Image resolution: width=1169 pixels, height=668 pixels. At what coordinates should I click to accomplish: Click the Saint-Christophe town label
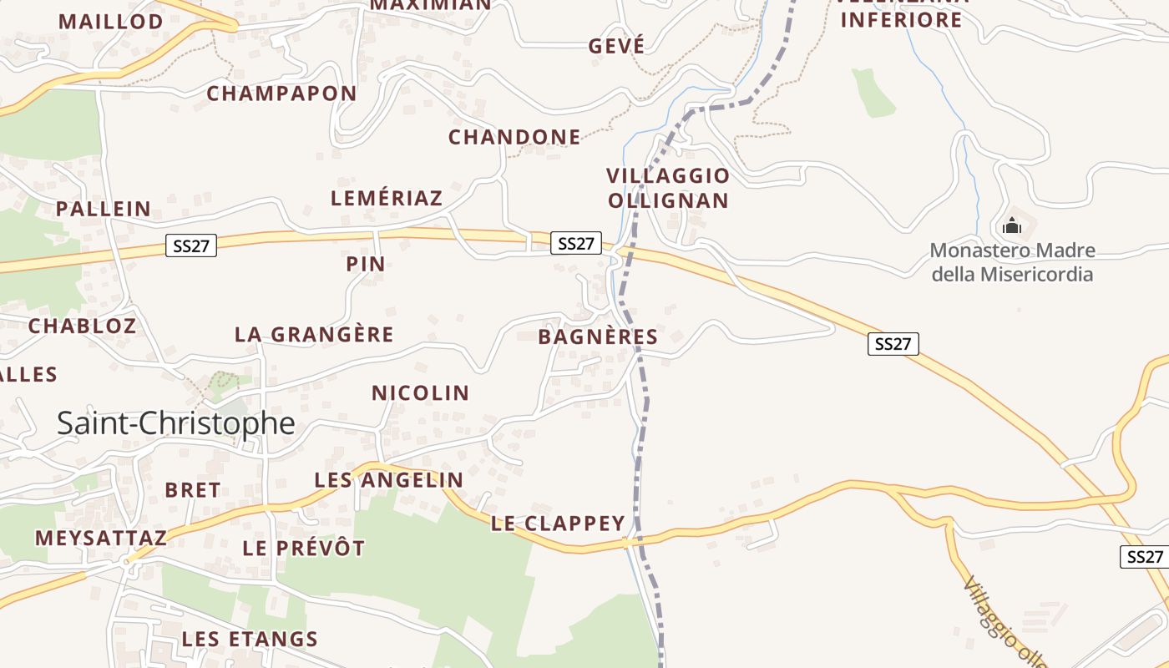click(x=176, y=423)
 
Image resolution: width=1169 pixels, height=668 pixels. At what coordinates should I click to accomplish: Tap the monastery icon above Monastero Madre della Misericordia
click(x=1012, y=225)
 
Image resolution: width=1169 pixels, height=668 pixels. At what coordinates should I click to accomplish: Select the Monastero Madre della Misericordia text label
click(x=1012, y=262)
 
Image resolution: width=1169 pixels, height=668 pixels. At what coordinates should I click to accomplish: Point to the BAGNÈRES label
click(x=598, y=337)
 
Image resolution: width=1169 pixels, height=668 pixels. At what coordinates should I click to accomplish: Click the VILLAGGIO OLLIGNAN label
click(x=668, y=188)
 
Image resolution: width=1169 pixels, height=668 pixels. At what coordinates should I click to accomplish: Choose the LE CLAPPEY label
click(x=558, y=524)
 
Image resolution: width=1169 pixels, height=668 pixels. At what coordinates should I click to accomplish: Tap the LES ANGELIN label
click(x=388, y=479)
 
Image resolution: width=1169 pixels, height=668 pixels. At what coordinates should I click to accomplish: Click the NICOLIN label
click(x=420, y=392)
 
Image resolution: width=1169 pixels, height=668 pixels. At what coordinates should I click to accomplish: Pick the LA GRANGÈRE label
click(x=314, y=335)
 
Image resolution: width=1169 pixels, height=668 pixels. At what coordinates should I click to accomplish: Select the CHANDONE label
click(x=514, y=137)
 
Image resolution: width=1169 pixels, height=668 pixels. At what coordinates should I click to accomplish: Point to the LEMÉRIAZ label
click(x=387, y=198)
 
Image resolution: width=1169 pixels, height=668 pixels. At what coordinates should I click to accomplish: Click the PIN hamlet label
click(x=366, y=264)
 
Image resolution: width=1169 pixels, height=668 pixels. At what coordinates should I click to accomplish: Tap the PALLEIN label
click(x=104, y=209)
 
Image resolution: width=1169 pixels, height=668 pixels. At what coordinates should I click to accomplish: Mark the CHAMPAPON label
click(x=281, y=94)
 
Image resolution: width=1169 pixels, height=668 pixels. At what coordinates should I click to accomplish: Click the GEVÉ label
click(x=616, y=46)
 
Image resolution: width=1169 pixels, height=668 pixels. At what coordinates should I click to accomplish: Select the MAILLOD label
click(x=110, y=22)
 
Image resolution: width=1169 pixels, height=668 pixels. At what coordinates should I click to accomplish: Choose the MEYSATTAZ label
click(x=100, y=538)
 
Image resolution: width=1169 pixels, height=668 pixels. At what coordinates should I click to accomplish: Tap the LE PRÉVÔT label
click(x=304, y=549)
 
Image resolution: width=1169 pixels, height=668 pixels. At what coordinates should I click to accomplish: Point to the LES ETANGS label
click(x=250, y=640)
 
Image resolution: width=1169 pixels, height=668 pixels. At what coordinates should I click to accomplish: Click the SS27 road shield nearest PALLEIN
click(x=191, y=245)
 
